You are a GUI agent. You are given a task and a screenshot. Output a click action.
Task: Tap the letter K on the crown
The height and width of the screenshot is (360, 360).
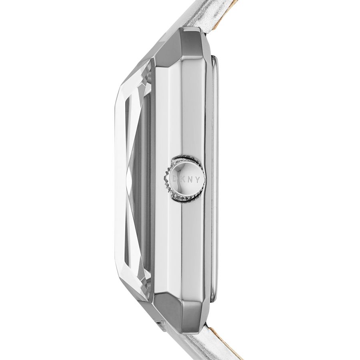point(183,180)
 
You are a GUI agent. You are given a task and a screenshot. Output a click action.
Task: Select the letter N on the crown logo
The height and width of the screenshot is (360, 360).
point(190,180)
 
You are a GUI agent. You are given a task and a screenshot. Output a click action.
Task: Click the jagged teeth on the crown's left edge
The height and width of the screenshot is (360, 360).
point(167,180)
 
